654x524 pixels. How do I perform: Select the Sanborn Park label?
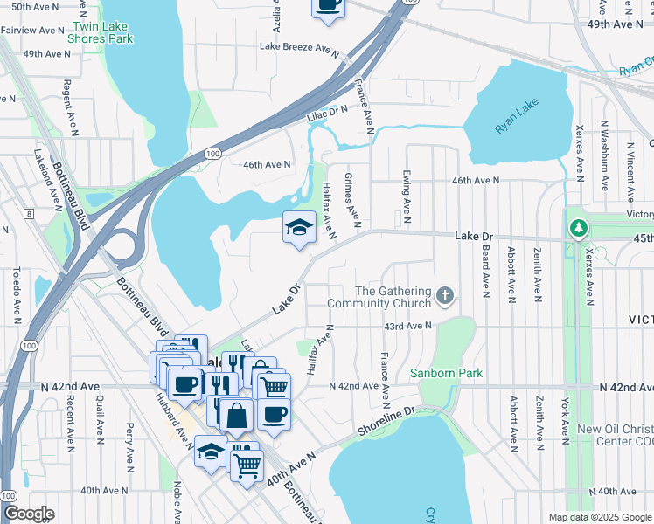point(447,374)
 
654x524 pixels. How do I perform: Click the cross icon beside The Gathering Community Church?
point(446,296)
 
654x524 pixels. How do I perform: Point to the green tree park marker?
point(578,229)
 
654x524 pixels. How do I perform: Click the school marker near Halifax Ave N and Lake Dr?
point(299,229)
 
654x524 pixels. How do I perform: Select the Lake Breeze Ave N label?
point(298,47)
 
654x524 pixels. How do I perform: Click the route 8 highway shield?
point(29,213)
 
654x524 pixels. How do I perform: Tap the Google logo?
point(28,514)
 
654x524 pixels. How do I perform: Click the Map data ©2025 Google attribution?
point(599,517)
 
